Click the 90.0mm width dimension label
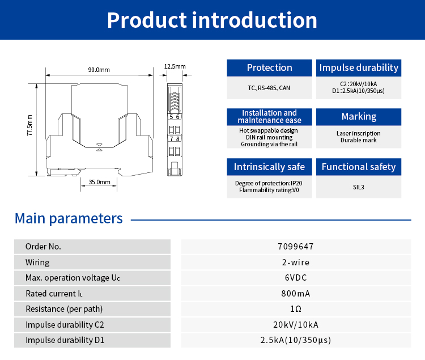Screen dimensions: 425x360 99,70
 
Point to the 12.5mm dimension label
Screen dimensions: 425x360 175,66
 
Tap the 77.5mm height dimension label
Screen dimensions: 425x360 29,125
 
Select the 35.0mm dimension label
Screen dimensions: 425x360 100,182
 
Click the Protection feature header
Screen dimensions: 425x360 269,68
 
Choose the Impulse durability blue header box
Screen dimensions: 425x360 359,68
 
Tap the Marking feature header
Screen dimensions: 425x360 359,117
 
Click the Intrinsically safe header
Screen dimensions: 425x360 269,167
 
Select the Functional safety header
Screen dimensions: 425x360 359,167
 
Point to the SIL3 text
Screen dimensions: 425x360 359,187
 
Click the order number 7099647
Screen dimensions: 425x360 296,247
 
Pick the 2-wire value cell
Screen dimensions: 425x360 296,262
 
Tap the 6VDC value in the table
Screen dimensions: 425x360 296,278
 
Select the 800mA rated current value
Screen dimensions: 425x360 296,294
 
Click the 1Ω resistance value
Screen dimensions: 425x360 296,309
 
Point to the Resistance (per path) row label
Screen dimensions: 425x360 64,309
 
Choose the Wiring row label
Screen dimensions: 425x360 37,262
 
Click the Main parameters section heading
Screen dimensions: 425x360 69,218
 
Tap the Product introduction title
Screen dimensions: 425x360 212,20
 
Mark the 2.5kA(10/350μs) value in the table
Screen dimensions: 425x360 296,340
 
